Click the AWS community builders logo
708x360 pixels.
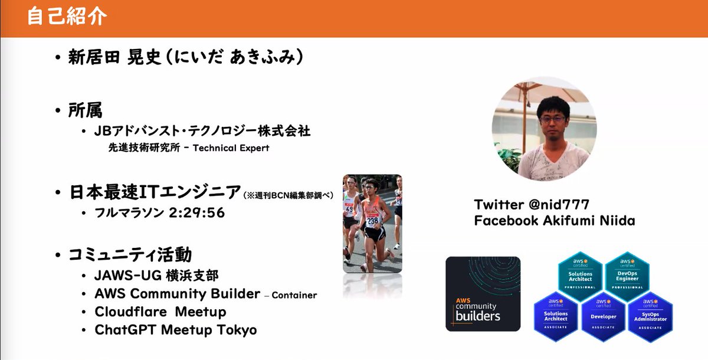483,293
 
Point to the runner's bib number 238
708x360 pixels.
372,221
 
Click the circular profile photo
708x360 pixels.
544,128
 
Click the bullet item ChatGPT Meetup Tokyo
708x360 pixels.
176,330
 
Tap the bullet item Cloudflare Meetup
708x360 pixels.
160,312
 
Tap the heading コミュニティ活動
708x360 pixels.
130,255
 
